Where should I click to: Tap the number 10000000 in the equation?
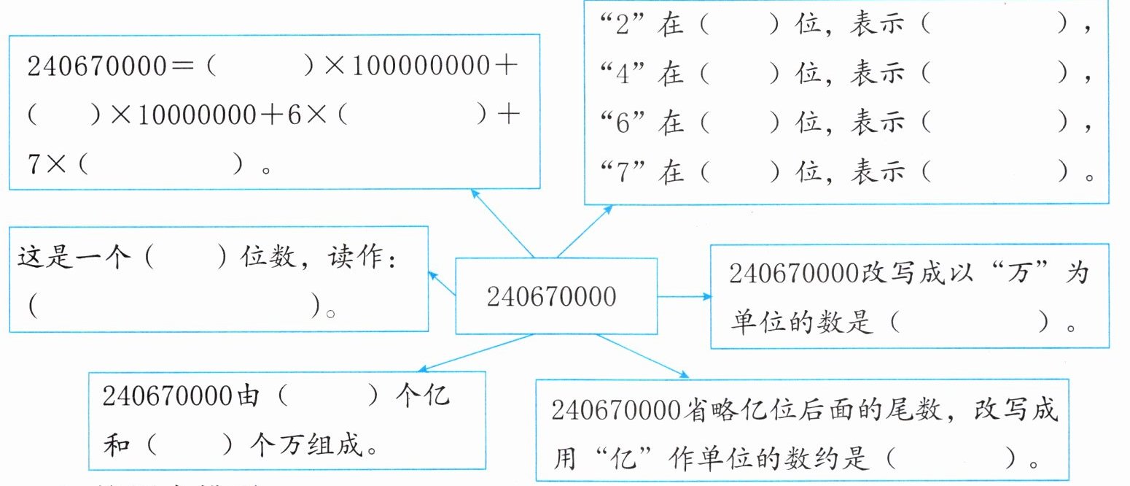point(182,118)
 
